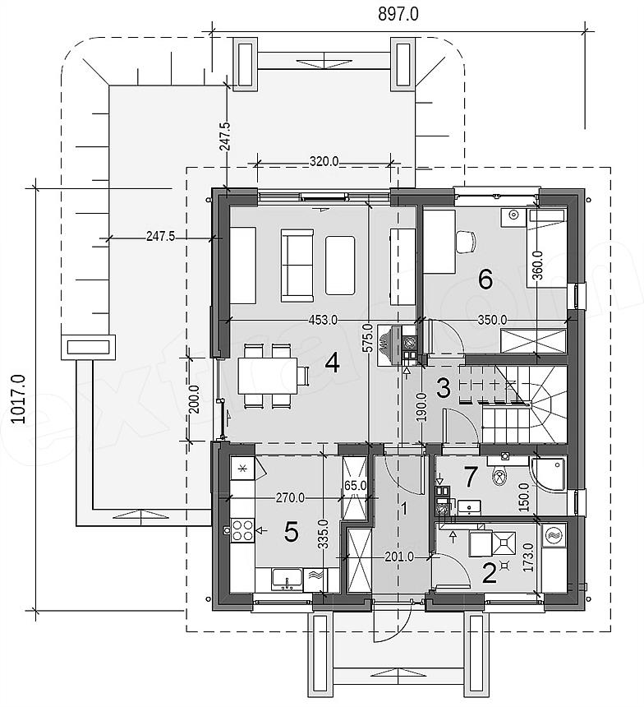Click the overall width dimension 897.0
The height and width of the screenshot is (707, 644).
[398, 14]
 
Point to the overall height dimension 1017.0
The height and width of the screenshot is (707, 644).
[20, 399]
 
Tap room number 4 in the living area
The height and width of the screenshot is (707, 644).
[332, 363]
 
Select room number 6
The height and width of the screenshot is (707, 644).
[485, 280]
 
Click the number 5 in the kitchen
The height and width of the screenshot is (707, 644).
[292, 533]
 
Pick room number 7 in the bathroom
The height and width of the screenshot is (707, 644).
[471, 477]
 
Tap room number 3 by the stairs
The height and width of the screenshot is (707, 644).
[444, 388]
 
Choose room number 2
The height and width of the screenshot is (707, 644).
[490, 573]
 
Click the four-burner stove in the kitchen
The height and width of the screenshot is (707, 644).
[242, 531]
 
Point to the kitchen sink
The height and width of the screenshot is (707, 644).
[287, 579]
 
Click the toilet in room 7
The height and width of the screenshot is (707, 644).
[499, 477]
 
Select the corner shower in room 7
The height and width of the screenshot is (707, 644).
[548, 474]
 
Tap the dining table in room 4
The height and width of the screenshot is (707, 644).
[267, 375]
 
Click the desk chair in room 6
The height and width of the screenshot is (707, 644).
[466, 242]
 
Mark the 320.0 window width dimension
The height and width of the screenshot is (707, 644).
[324, 161]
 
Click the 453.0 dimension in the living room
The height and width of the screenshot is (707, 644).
[323, 320]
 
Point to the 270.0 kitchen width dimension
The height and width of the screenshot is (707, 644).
[290, 498]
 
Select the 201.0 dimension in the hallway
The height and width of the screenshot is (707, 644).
[399, 557]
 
